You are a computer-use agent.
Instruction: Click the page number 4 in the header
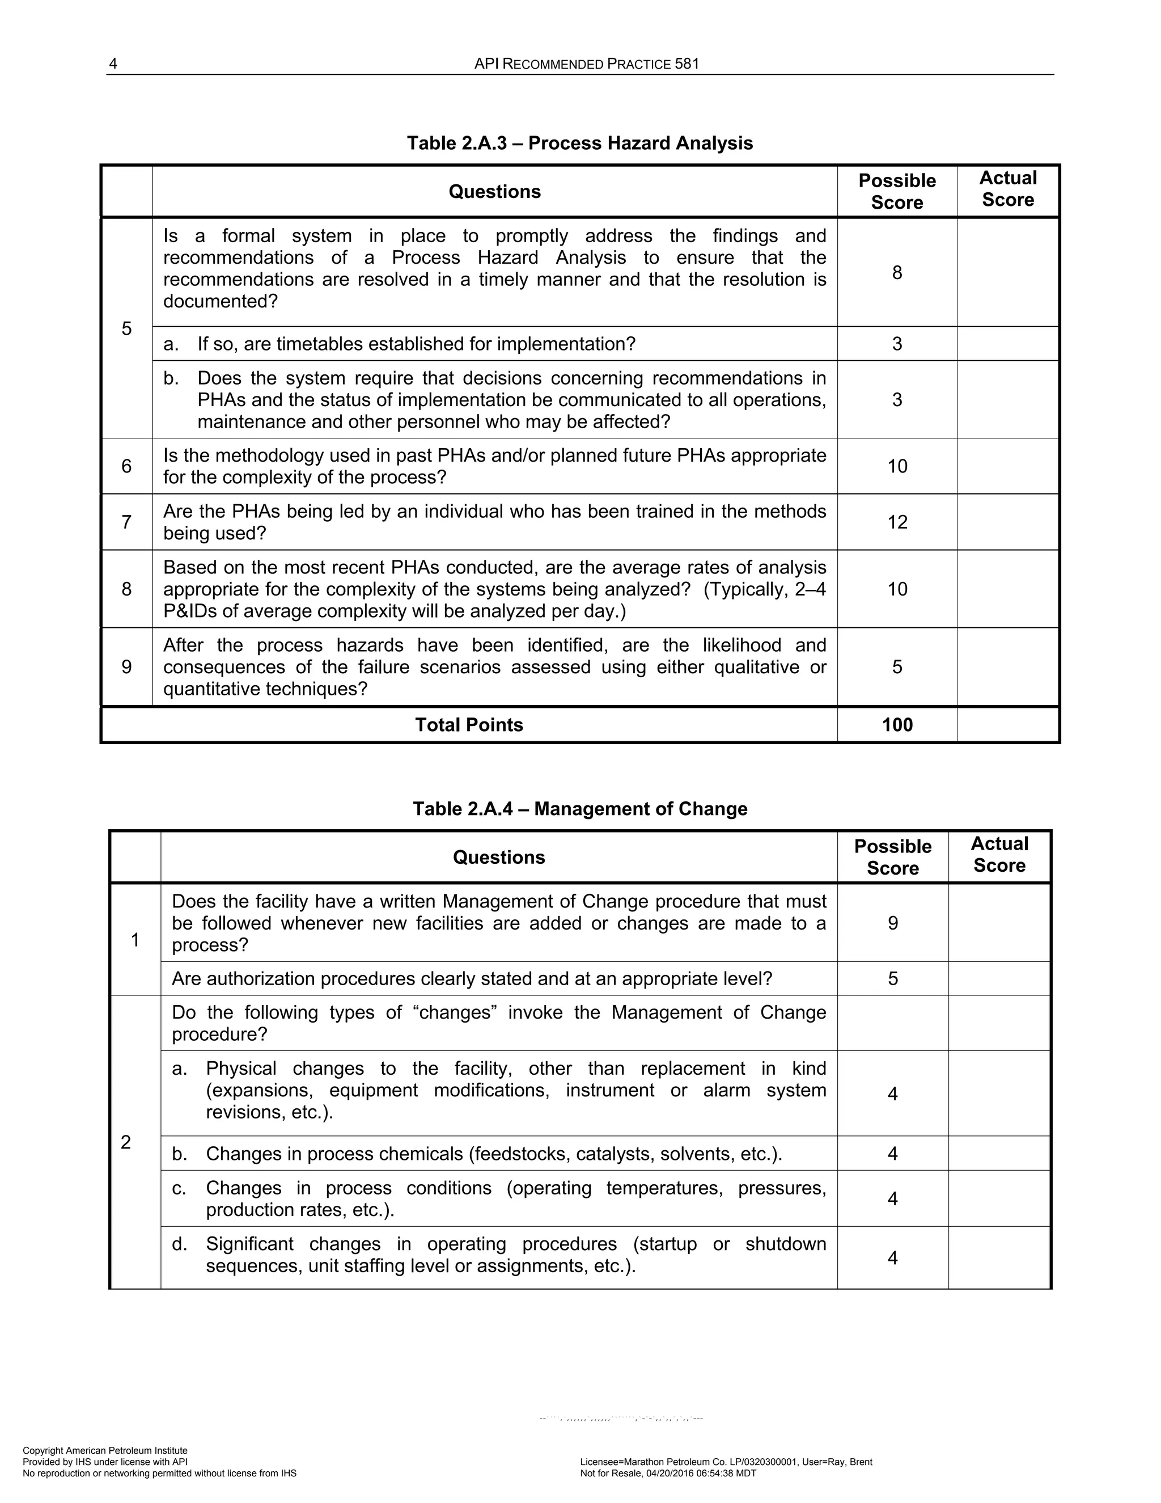click(x=113, y=64)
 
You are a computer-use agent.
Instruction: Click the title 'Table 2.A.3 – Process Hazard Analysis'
click(x=579, y=143)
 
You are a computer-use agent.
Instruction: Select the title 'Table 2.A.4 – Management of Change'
click(x=579, y=809)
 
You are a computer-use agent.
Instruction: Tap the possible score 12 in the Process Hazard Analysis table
click(x=897, y=522)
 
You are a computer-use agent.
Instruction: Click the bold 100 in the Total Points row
click(x=897, y=725)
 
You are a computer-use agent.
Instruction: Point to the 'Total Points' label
click(x=468, y=725)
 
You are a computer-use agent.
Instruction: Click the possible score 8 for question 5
click(x=897, y=272)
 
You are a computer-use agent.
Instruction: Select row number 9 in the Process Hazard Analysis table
click(x=126, y=667)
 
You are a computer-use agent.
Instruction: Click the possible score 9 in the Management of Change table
click(x=893, y=923)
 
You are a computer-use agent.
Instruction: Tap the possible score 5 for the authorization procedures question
click(x=893, y=978)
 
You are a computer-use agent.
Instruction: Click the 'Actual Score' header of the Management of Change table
click(x=999, y=855)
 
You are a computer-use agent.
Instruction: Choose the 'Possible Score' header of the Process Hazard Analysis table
click(x=897, y=191)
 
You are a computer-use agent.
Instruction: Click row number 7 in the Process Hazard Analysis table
click(x=126, y=522)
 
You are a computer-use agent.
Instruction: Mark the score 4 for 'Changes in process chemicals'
click(x=893, y=1154)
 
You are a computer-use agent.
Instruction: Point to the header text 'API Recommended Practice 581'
click(x=586, y=64)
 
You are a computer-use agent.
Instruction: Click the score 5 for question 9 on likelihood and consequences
click(x=897, y=667)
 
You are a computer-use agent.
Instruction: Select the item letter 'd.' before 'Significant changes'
click(x=180, y=1244)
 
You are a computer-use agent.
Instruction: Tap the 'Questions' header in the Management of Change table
click(x=499, y=858)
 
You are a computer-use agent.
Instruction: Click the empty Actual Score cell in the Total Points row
click(x=1007, y=725)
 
